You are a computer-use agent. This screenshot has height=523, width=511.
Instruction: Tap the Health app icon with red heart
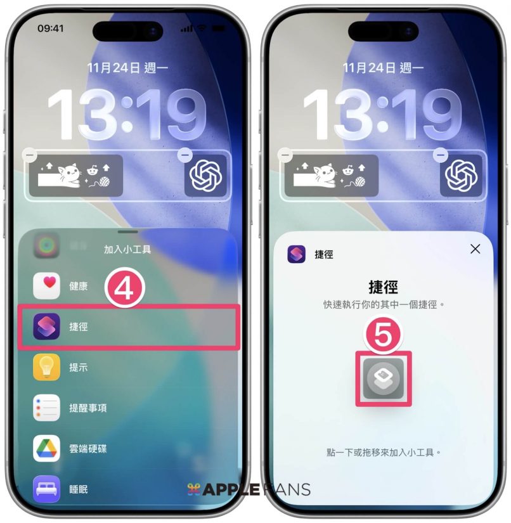click(46, 285)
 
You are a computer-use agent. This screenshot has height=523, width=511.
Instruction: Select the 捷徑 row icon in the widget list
click(46, 326)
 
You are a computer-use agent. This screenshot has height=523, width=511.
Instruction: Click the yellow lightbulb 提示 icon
click(46, 367)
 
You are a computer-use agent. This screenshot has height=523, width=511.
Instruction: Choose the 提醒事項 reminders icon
click(46, 408)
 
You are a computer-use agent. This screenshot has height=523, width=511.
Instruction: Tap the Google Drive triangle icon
click(46, 448)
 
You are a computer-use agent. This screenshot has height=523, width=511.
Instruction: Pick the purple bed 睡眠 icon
click(46, 489)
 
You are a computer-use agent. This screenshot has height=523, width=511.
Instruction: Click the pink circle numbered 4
click(125, 288)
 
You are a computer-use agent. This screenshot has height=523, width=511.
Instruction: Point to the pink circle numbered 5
click(383, 334)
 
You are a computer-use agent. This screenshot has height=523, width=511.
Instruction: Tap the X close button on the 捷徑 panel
click(475, 249)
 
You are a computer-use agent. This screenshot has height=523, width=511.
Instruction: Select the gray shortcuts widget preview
click(383, 378)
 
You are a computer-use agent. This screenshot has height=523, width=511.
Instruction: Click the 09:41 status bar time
click(50, 29)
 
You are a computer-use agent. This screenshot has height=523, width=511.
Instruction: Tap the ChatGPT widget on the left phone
click(205, 176)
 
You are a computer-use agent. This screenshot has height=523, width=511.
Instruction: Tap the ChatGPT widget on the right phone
click(461, 176)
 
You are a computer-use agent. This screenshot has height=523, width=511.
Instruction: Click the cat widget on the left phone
click(76, 176)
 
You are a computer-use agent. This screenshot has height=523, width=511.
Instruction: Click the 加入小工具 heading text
click(127, 249)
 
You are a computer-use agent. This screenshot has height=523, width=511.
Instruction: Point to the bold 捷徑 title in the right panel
click(383, 287)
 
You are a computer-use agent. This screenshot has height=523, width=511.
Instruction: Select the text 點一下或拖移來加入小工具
click(380, 452)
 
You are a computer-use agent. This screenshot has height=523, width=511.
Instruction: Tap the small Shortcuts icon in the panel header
click(296, 254)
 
